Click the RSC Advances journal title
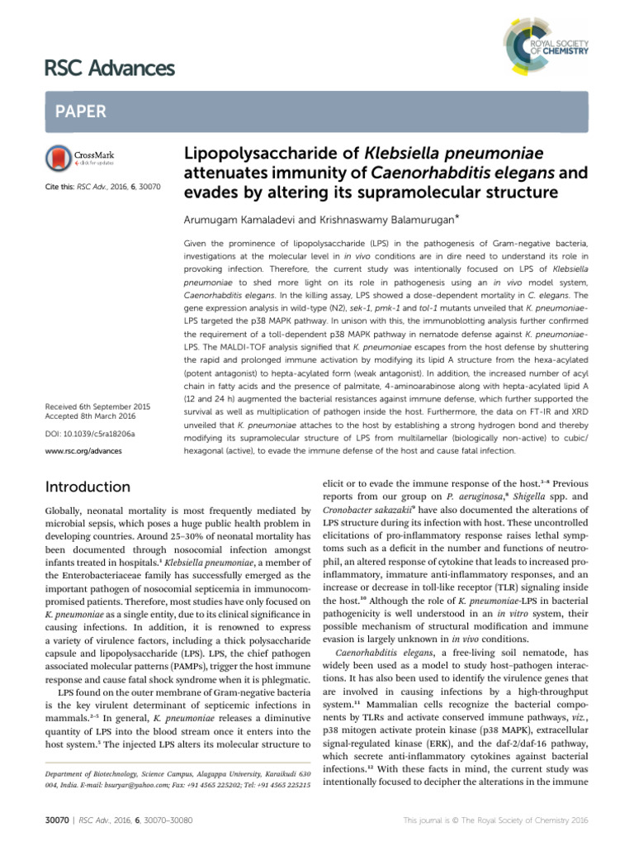click(107, 68)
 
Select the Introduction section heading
click(88, 487)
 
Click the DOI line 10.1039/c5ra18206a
click(91, 433)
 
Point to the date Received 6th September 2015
click(97, 406)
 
